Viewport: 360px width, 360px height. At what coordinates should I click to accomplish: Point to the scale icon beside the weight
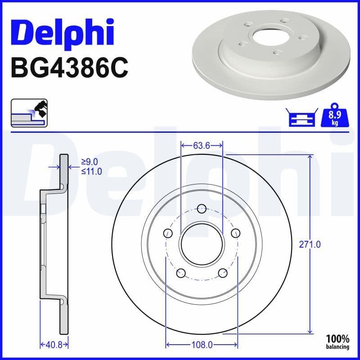301,117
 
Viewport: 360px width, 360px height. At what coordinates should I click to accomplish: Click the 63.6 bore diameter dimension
201,145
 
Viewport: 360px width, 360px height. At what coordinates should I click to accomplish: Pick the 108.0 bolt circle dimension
202,345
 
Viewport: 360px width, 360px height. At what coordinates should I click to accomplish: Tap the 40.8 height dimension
54,345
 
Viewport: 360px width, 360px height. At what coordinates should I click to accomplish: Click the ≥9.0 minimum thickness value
90,162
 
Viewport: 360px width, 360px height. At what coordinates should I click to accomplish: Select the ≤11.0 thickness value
91,171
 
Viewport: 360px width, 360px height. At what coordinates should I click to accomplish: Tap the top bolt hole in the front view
202,208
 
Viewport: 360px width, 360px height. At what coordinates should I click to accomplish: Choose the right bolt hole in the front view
235,233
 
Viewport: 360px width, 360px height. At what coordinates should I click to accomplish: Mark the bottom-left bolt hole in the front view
181,272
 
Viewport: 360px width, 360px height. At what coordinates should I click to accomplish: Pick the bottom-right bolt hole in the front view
222,272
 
